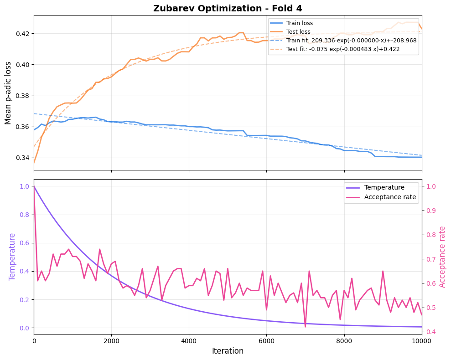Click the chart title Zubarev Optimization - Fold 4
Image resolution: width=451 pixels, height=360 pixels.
click(x=228, y=8)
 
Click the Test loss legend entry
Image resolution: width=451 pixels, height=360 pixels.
click(x=298, y=31)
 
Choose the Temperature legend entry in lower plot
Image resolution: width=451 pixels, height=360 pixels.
click(x=384, y=187)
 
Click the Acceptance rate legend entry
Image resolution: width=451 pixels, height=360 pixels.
click(x=390, y=197)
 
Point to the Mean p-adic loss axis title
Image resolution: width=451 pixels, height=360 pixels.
click(x=8, y=93)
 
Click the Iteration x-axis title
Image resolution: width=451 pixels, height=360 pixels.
click(x=228, y=351)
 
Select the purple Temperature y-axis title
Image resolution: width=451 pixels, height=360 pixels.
click(x=12, y=257)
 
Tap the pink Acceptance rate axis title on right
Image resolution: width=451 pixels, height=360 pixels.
click(x=442, y=257)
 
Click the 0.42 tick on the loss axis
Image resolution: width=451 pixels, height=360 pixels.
click(x=22, y=34)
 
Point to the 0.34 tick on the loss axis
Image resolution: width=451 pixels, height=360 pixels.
click(x=22, y=158)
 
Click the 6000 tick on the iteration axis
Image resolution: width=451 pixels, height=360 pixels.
click(x=266, y=339)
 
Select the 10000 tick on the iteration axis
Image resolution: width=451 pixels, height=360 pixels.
click(x=421, y=339)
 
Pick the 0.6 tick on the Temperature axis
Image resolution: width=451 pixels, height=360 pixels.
click(x=24, y=243)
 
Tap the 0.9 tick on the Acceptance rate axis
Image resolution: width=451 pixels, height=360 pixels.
click(x=431, y=211)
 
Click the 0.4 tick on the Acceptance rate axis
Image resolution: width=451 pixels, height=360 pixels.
click(x=431, y=331)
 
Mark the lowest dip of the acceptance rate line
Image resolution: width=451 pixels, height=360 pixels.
click(x=305, y=326)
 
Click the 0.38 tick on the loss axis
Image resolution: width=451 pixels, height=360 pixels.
click(x=22, y=96)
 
